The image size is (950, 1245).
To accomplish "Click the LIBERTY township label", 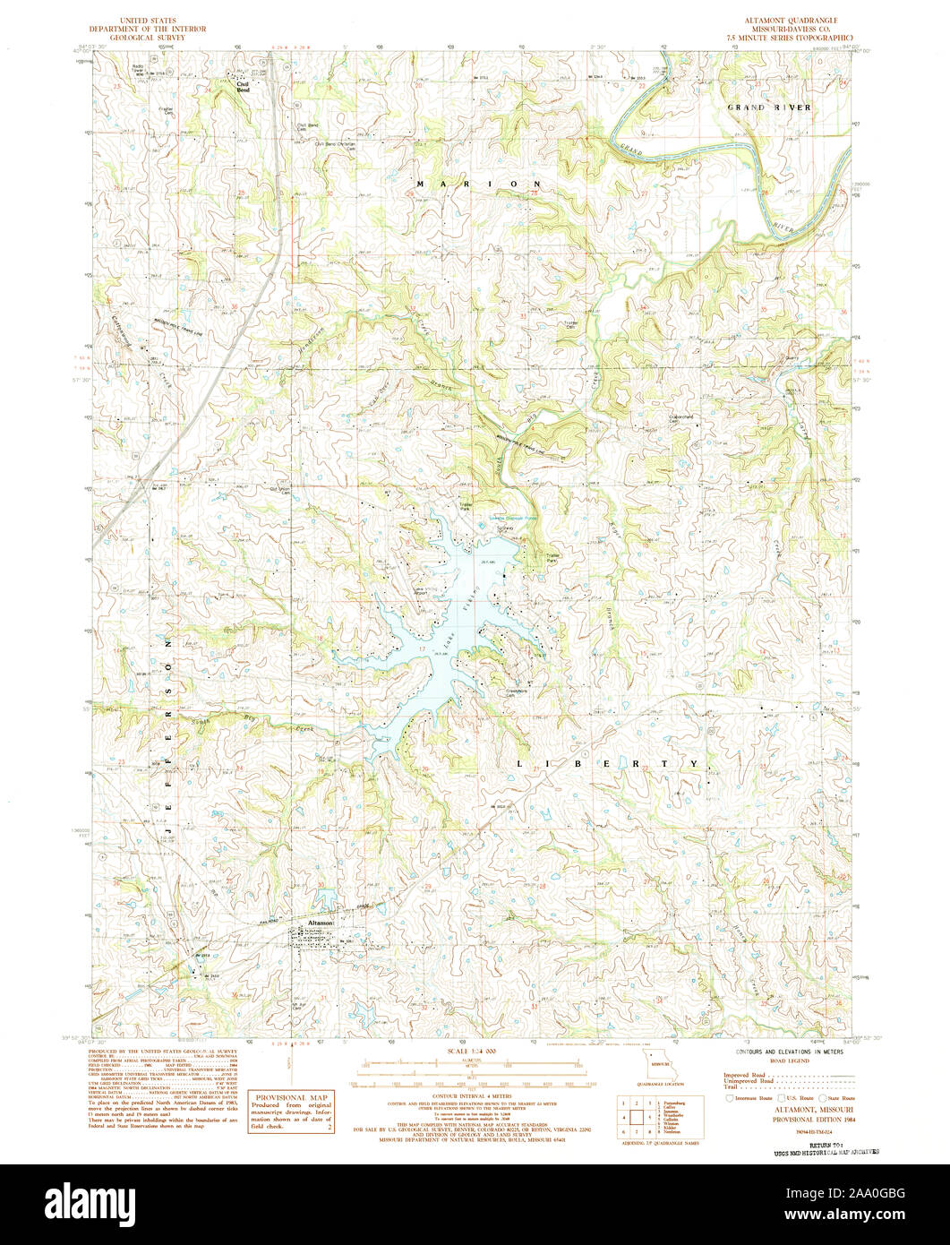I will (x=607, y=763).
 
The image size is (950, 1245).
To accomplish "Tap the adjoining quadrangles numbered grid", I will (x=637, y=1116).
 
